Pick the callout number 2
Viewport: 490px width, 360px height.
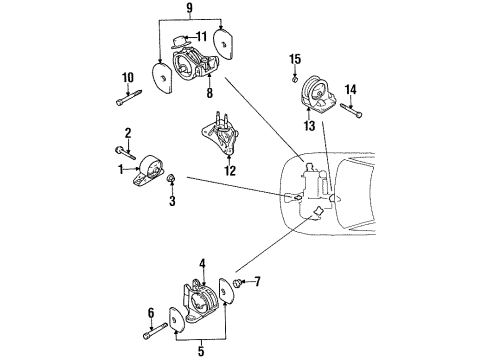(128, 133)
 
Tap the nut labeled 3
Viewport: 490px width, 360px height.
(172, 181)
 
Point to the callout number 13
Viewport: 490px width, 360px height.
(309, 127)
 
